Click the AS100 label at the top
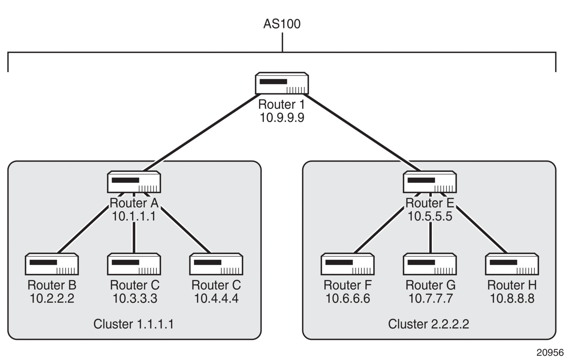coord(282,24)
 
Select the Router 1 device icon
coord(282,83)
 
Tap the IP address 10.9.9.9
coord(282,118)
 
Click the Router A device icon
coord(134,182)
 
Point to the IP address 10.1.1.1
coord(134,216)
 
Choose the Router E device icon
coord(430,182)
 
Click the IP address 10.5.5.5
coord(430,216)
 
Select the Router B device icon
coord(52,264)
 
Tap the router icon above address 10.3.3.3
coord(134,264)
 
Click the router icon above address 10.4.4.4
coord(216,264)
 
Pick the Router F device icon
coord(348,264)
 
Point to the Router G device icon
coord(430,264)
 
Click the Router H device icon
coord(512,264)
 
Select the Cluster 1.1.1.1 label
coord(134,324)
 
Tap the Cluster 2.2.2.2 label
coord(428,324)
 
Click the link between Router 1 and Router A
coord(202,132)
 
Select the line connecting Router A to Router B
coord(83,230)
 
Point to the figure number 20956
coord(550,353)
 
